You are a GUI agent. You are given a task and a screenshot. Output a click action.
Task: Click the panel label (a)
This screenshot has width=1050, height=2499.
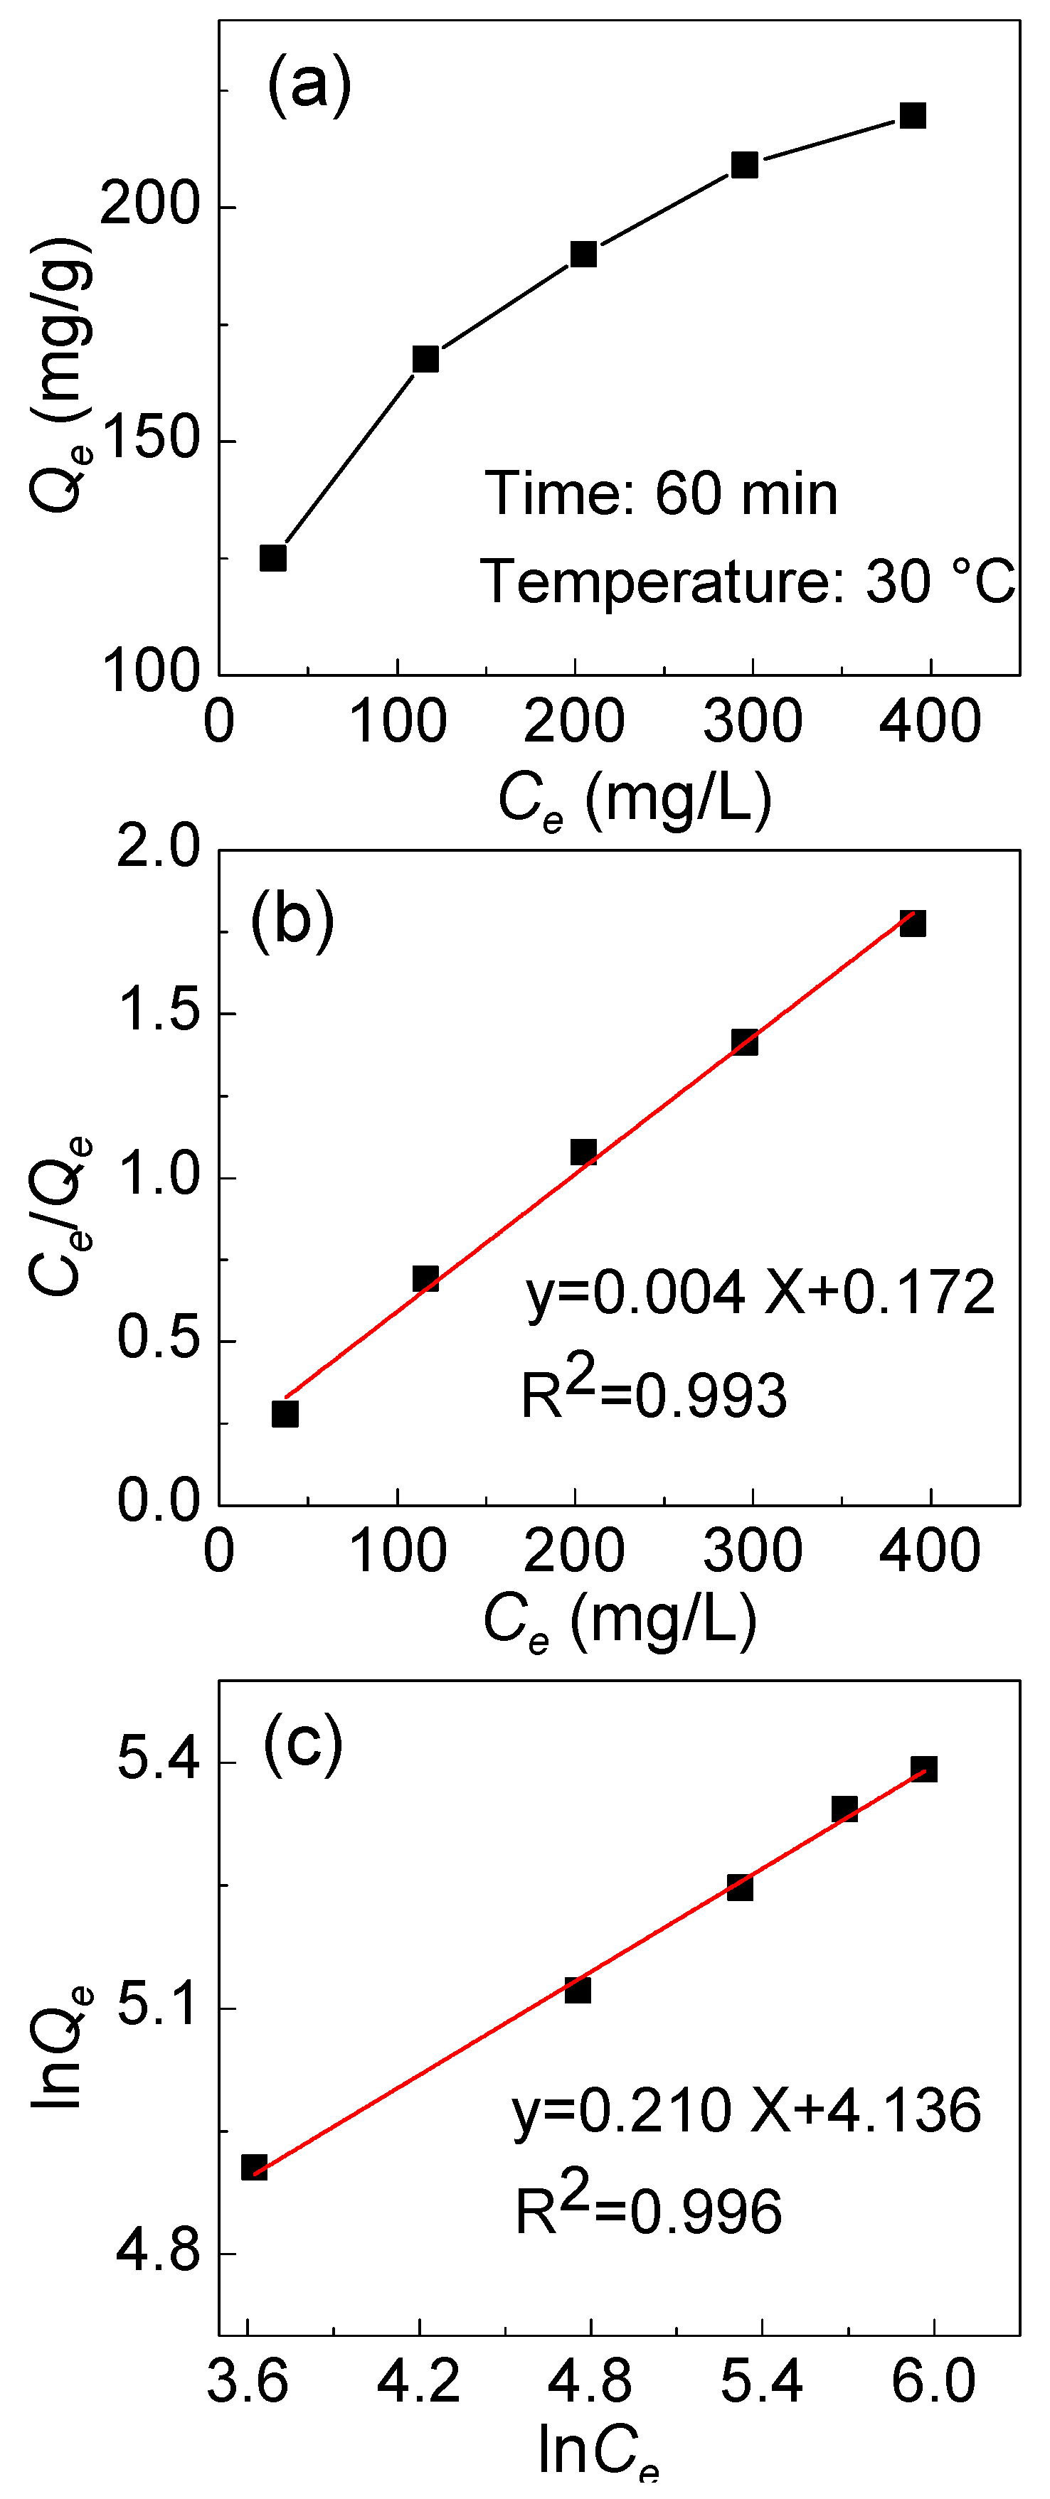309,85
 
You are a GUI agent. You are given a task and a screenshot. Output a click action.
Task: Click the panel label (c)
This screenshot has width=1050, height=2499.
303,1743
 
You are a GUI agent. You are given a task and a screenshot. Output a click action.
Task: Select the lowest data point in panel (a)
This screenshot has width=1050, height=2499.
272,558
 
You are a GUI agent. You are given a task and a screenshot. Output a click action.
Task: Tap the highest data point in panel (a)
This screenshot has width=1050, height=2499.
912,115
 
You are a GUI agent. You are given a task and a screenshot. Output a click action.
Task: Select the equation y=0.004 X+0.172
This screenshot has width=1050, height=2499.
760,1293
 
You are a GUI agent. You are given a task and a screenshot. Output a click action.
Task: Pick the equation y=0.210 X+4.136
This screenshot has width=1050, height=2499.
746,2111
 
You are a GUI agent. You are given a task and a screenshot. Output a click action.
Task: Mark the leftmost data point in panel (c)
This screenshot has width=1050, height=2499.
254,2167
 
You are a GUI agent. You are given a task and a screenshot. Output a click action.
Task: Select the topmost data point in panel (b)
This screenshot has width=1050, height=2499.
912,923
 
